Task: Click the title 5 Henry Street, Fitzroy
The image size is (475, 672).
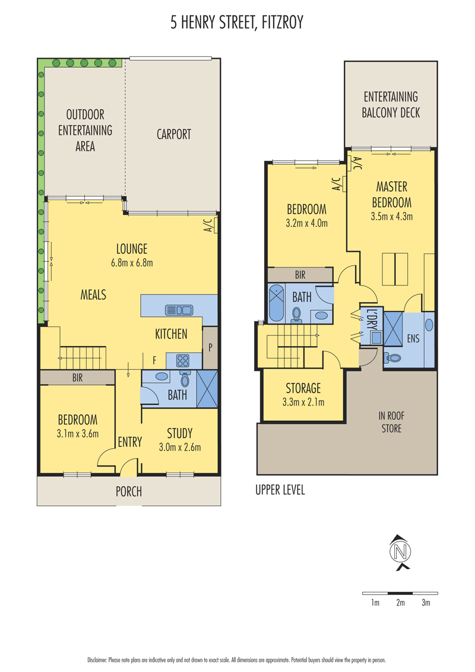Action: pos(237,23)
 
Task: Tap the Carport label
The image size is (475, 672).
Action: pos(173,134)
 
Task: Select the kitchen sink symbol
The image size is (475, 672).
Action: pos(179,309)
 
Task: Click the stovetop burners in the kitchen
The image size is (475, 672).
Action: pos(183,361)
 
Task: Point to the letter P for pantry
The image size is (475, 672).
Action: pos(210,347)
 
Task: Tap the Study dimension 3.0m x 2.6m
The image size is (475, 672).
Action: pos(180,448)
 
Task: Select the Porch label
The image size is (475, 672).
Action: pos(129,492)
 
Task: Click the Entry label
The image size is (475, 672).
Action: pos(130,442)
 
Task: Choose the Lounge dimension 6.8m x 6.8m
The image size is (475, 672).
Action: pos(132,263)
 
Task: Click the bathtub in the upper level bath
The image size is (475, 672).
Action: pos(276,303)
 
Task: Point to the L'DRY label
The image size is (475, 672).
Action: pos(371,319)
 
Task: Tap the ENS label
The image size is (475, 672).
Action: pos(413,338)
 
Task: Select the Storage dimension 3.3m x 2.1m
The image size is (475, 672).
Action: pos(303,402)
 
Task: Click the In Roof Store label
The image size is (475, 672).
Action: pos(391,421)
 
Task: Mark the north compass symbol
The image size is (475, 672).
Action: pos(400,553)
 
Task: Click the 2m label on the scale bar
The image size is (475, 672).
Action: pos(400,603)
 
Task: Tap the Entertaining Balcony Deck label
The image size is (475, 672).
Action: pos(391,104)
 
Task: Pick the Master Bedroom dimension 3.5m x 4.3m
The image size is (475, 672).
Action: pos(392,217)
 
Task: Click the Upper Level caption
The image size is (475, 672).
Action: pos(280,490)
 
